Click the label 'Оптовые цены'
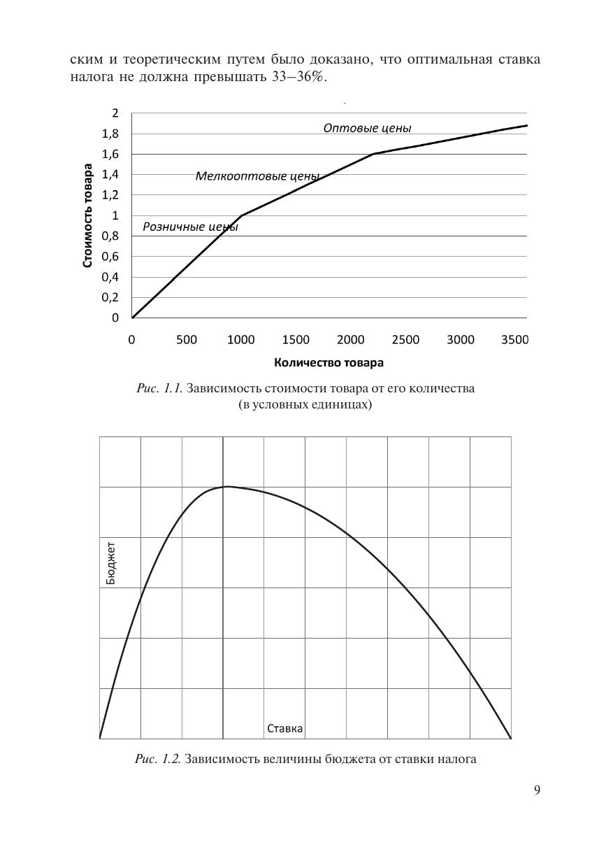(367, 128)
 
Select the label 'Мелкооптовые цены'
(257, 176)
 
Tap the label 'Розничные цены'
(190, 227)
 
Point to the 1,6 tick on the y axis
(112, 154)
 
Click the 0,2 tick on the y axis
(112, 297)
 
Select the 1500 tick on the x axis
(296, 340)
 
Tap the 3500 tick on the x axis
(514, 340)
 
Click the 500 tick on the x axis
(187, 340)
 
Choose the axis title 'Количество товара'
(329, 362)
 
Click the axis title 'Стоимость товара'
(88, 215)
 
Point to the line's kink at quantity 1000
(242, 215)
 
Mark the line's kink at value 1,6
(374, 154)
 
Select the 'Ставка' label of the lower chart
(285, 729)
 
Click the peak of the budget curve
(226, 486)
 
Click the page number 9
(537, 790)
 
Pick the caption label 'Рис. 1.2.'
(158, 759)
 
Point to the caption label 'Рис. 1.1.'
(159, 388)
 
